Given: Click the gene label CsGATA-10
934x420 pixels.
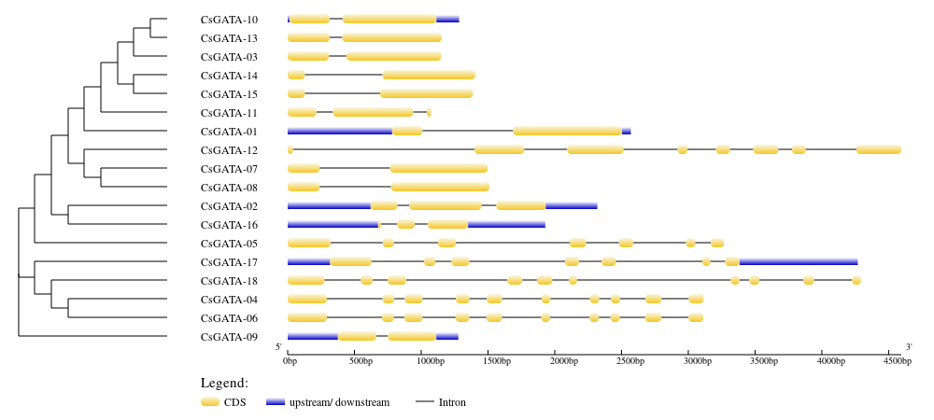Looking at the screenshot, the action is (229, 20).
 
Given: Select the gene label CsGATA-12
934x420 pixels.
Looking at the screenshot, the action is (229, 150).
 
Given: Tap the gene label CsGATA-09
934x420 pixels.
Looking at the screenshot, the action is (229, 337).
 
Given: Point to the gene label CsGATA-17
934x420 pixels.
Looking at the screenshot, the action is (229, 261).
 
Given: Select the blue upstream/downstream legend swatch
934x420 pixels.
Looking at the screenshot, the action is (276, 403).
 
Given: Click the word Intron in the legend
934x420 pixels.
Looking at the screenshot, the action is (452, 403).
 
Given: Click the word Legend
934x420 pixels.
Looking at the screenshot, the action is (224, 383).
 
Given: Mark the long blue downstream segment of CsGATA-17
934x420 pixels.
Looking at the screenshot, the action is (799, 261).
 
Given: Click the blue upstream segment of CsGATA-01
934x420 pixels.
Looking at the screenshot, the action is (340, 131).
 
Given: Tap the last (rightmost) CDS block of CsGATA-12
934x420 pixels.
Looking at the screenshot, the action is (879, 149).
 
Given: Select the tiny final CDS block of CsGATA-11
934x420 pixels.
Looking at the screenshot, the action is (429, 112).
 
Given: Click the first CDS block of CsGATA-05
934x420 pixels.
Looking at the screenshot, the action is (309, 243).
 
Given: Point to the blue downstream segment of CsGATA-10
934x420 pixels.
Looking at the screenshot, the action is (447, 19).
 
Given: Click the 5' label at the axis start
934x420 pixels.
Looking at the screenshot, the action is (278, 347).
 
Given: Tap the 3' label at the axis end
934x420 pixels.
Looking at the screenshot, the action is (909, 347).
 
